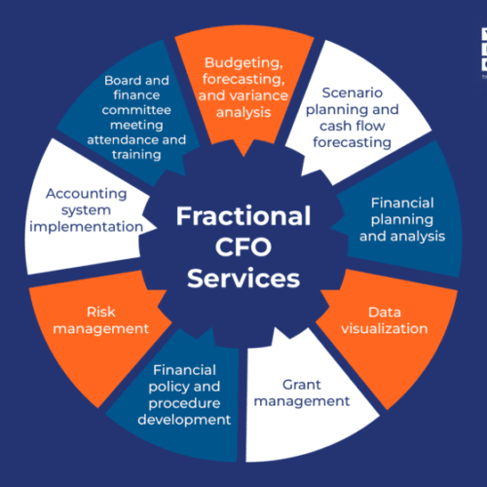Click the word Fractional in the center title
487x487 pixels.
click(x=243, y=216)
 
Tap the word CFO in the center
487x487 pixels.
click(x=243, y=247)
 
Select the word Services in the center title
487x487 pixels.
click(x=243, y=279)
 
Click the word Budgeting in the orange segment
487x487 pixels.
click(x=243, y=63)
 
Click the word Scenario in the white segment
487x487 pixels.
click(x=353, y=93)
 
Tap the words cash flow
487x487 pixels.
click(x=353, y=126)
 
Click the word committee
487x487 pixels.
click(x=136, y=110)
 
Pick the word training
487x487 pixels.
click(x=136, y=155)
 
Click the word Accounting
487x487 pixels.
click(x=86, y=194)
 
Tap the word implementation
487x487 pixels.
click(x=86, y=227)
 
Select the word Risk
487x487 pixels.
click(x=101, y=312)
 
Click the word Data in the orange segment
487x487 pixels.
click(x=385, y=313)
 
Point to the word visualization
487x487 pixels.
click(x=385, y=328)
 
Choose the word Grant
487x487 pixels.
click(x=302, y=385)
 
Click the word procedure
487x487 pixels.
click(x=184, y=403)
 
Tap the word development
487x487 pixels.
click(x=184, y=420)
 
